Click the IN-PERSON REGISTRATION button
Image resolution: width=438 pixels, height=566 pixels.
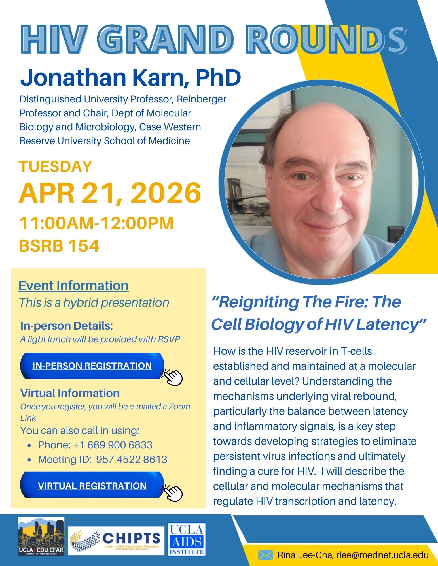(x=92, y=366)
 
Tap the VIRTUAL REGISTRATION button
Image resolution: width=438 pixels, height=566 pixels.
(x=92, y=486)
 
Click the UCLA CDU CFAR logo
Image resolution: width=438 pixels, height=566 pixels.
(x=41, y=536)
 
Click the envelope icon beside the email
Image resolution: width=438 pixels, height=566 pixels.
(x=265, y=555)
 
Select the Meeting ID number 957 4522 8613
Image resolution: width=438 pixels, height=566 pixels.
(x=132, y=459)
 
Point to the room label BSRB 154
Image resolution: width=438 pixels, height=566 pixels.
(x=59, y=246)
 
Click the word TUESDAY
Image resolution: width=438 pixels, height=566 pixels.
(x=56, y=166)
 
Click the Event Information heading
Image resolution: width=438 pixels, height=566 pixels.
(x=73, y=285)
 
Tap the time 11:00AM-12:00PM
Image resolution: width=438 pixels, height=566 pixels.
(x=96, y=223)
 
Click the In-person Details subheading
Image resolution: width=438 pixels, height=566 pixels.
(x=67, y=326)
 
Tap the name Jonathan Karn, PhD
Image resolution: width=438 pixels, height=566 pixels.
(x=130, y=77)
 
